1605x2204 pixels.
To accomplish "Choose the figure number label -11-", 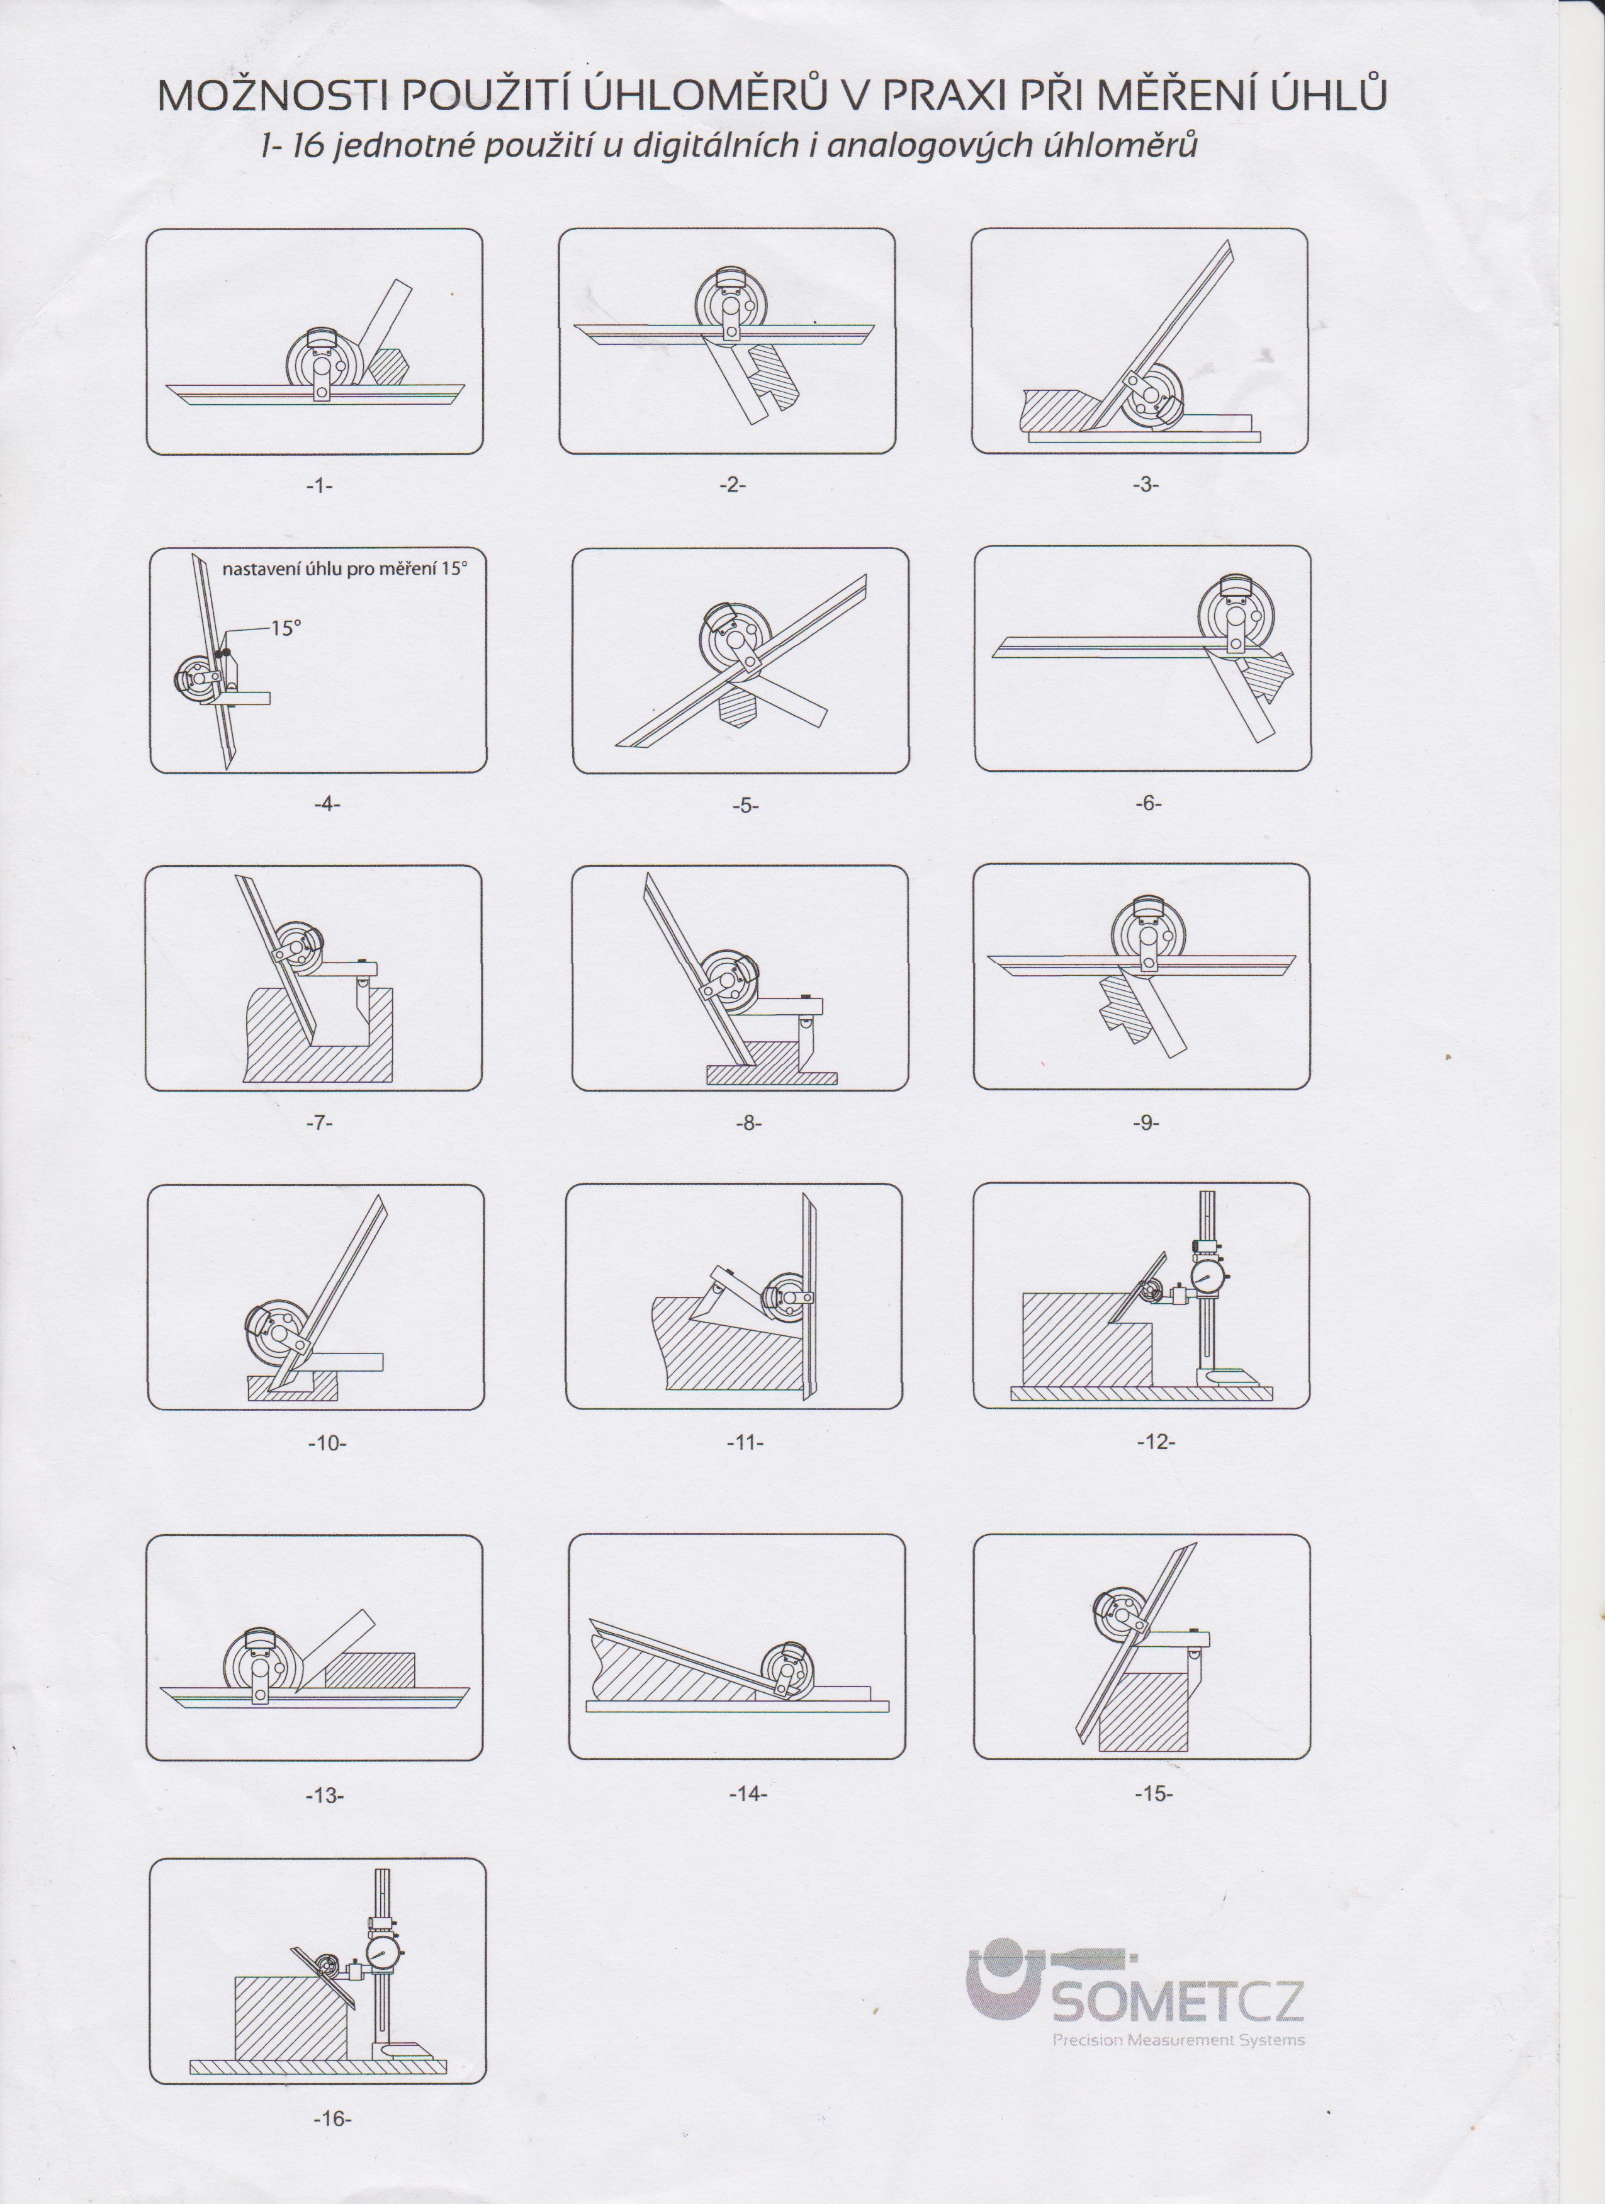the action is [x=745, y=1442].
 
